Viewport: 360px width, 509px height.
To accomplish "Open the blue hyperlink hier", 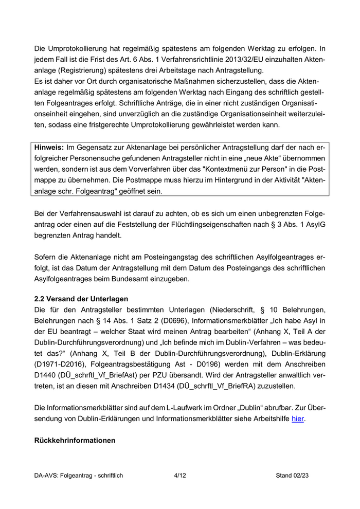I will (298, 419).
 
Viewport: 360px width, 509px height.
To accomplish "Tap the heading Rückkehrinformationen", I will (75, 441).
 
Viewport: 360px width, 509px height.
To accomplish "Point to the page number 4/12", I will (179, 476).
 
